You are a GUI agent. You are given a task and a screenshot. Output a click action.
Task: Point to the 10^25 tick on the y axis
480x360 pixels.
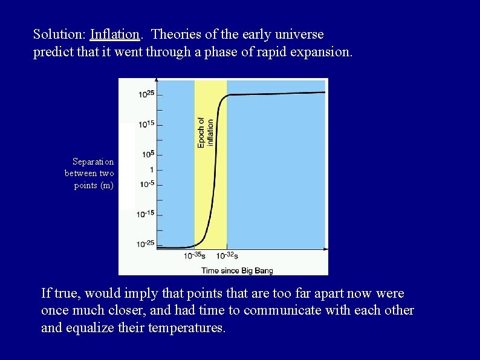147,94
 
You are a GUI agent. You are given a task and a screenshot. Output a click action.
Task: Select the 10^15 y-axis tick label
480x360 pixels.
147,124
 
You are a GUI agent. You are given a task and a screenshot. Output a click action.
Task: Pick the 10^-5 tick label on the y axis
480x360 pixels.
147,183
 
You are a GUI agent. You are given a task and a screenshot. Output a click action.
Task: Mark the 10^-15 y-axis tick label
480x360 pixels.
146,214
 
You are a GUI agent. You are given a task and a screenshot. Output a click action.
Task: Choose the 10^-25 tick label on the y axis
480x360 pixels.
146,244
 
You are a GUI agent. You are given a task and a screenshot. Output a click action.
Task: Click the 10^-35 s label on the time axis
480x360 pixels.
195,256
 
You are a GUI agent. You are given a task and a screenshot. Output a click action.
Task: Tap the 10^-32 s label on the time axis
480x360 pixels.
227,256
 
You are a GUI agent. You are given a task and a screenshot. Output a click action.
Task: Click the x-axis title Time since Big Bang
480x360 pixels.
235,270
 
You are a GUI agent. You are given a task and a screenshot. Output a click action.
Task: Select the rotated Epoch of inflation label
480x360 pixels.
206,132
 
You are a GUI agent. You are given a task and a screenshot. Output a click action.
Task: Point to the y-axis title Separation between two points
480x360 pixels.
89,173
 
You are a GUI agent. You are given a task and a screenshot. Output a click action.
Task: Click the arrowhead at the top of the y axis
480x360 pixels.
157,80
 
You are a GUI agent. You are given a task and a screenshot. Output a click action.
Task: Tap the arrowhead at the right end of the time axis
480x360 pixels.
326,249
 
